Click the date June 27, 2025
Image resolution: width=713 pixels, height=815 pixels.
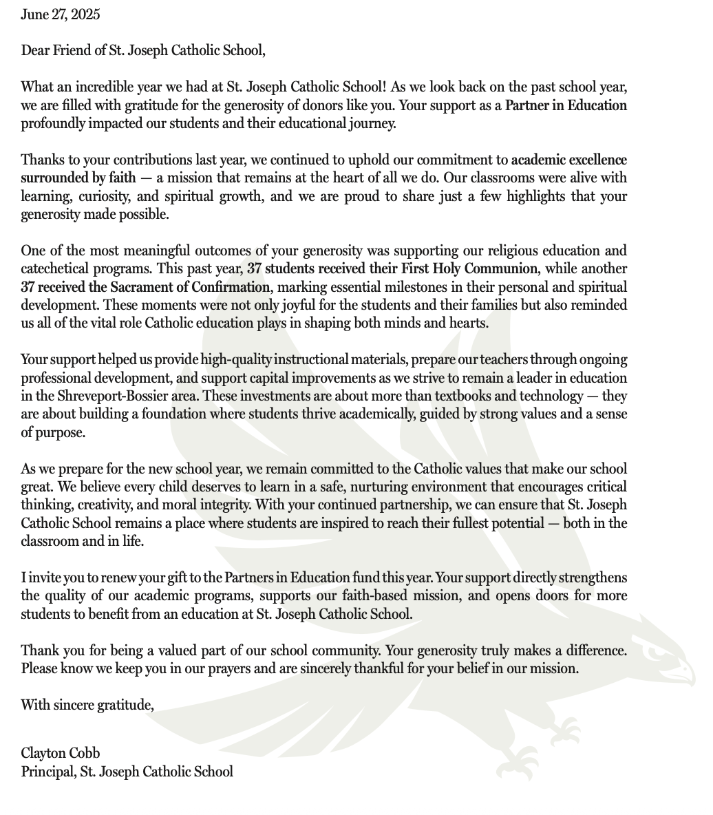coord(60,14)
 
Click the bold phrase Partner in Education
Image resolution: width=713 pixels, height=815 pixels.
coord(566,106)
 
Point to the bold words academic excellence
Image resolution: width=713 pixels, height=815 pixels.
coord(569,160)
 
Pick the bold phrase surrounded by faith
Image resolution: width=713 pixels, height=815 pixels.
coord(78,178)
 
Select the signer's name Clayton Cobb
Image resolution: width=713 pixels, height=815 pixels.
coord(61,752)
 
